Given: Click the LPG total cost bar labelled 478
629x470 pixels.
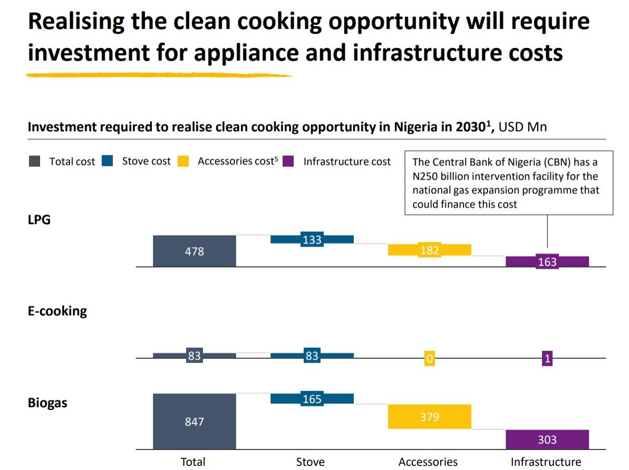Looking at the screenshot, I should click(194, 251).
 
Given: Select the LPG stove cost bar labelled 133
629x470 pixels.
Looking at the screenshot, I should click(312, 240).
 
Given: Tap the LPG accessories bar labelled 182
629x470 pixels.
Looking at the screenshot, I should click(429, 250).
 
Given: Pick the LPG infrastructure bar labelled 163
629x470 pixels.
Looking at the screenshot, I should click(547, 262).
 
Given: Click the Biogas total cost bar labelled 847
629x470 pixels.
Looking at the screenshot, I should click(194, 422).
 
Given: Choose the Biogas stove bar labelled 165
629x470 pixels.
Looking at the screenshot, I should click(312, 399).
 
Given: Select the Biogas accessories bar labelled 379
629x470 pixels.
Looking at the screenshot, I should click(429, 417).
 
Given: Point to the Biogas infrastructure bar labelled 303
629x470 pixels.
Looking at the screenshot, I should click(547, 439).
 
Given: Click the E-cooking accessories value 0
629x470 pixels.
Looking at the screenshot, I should click(430, 359).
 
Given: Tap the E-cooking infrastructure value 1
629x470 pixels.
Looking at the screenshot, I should click(547, 359).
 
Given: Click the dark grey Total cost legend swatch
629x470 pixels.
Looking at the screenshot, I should click(34, 162).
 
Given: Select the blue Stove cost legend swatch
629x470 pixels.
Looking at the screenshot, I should click(108, 161).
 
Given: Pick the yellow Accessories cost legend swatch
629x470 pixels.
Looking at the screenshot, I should click(183, 161).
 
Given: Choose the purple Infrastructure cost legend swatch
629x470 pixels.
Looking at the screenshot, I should click(288, 161).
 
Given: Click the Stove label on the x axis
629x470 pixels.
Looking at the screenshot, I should click(311, 462).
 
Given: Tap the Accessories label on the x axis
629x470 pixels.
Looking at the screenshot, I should click(428, 462).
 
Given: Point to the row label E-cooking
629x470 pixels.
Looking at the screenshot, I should click(57, 311).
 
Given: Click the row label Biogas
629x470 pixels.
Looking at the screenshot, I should click(47, 404).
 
